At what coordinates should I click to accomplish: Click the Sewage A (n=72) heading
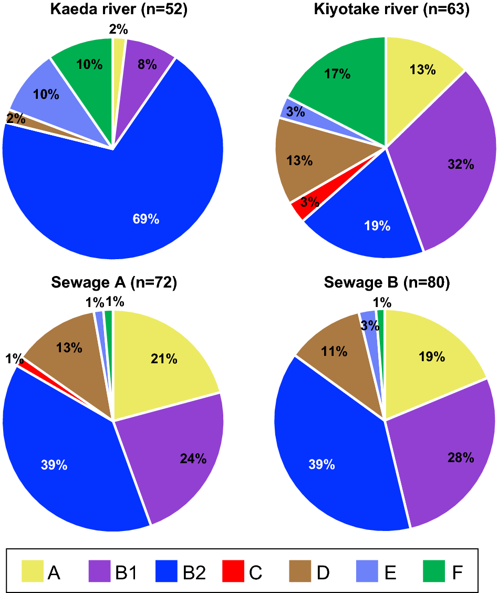(x=113, y=283)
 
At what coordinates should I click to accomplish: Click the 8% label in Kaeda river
(x=147, y=65)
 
